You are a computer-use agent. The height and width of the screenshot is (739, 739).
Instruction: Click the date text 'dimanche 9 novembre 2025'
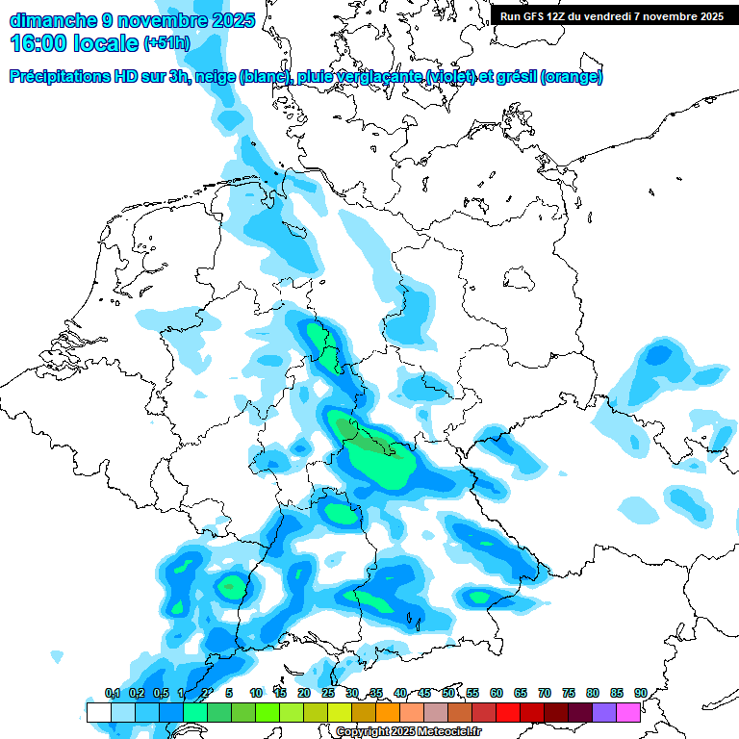point(132,20)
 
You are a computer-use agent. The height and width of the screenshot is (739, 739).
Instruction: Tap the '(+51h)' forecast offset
point(166,44)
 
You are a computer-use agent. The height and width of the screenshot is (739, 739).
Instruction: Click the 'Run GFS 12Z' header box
point(611,15)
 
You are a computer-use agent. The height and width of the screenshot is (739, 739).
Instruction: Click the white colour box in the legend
point(98,712)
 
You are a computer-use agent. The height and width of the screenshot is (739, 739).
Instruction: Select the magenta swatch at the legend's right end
point(628,712)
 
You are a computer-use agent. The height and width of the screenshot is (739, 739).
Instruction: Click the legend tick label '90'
point(640,693)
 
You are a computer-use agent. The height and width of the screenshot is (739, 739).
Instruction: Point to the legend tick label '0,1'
point(112,693)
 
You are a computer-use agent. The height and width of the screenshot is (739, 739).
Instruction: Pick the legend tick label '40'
point(399,693)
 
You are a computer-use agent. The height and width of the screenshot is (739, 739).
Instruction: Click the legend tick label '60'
point(496,693)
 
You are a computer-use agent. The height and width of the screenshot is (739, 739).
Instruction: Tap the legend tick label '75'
point(568,693)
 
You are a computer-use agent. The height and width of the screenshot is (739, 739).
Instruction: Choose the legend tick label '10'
point(255,693)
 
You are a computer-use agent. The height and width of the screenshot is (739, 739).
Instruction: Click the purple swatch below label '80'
point(604,712)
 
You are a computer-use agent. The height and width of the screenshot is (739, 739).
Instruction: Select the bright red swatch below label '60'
point(508,712)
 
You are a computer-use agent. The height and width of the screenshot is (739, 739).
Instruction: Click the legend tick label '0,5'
point(160,693)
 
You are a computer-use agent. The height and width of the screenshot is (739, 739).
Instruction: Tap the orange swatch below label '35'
point(388,712)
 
